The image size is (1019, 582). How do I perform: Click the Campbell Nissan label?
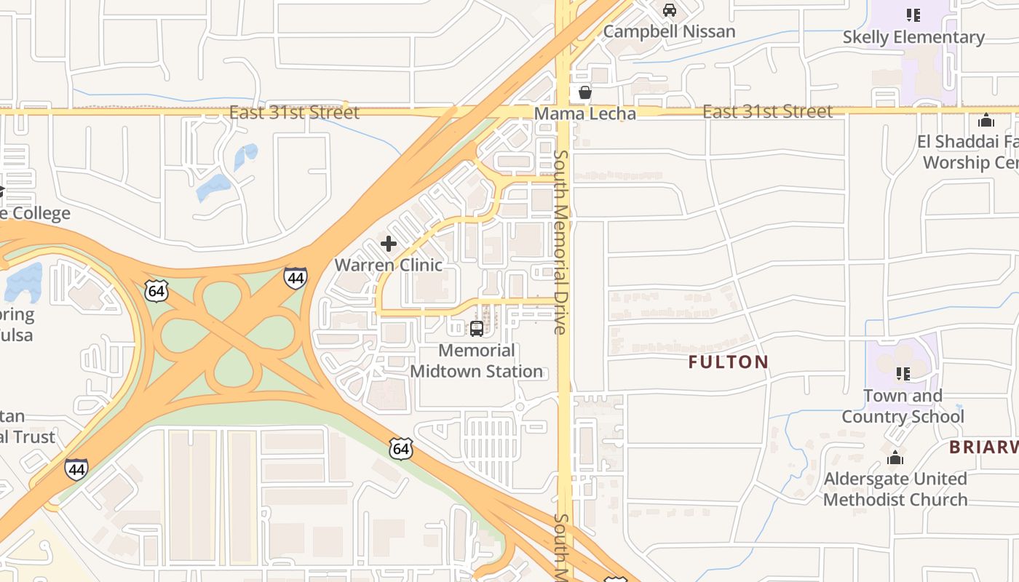tap(669, 31)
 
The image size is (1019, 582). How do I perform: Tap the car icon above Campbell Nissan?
tap(669, 10)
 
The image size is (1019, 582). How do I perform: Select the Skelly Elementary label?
tap(913, 37)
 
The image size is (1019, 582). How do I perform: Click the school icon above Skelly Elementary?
tap(913, 15)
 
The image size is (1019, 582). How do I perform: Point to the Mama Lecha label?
tap(584, 113)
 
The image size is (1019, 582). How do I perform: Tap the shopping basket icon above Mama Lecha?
tap(584, 92)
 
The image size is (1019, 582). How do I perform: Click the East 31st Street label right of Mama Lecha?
tap(767, 111)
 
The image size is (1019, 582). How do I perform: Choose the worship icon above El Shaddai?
tap(986, 120)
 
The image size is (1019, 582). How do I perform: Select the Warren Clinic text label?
tap(388, 265)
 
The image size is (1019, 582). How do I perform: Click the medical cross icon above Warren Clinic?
tap(389, 243)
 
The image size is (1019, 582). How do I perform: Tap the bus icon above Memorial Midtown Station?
tap(477, 328)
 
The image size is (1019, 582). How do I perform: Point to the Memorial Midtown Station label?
tap(476, 361)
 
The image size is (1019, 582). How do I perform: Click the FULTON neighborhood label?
tap(728, 362)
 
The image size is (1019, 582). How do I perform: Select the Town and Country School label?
tap(903, 406)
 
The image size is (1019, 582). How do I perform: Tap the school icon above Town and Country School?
tap(903, 374)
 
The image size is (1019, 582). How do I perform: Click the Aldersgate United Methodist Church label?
tap(895, 489)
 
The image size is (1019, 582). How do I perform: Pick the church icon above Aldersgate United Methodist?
tap(895, 458)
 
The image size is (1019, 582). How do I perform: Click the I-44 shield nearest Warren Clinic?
tap(295, 278)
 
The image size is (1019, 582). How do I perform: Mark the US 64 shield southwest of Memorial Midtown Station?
tap(400, 449)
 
